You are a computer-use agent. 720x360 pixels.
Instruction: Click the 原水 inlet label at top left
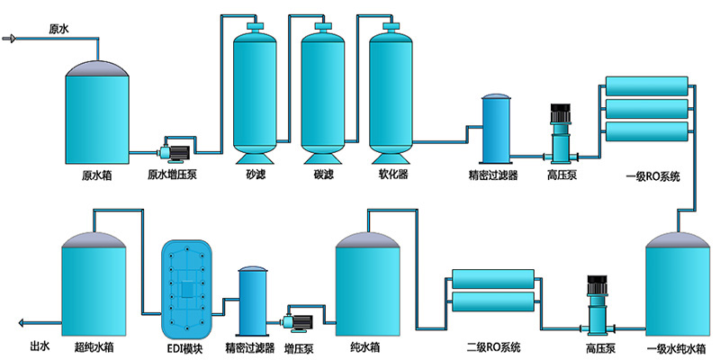click(58, 30)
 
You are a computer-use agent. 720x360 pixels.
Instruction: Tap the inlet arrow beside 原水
click(11, 39)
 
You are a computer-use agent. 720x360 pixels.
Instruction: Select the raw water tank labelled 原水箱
click(95, 112)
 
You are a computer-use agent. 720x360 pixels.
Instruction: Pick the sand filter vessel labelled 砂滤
click(256, 90)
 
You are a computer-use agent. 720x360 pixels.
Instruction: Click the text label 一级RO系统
click(651, 175)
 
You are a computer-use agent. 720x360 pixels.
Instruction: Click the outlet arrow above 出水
click(25, 320)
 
